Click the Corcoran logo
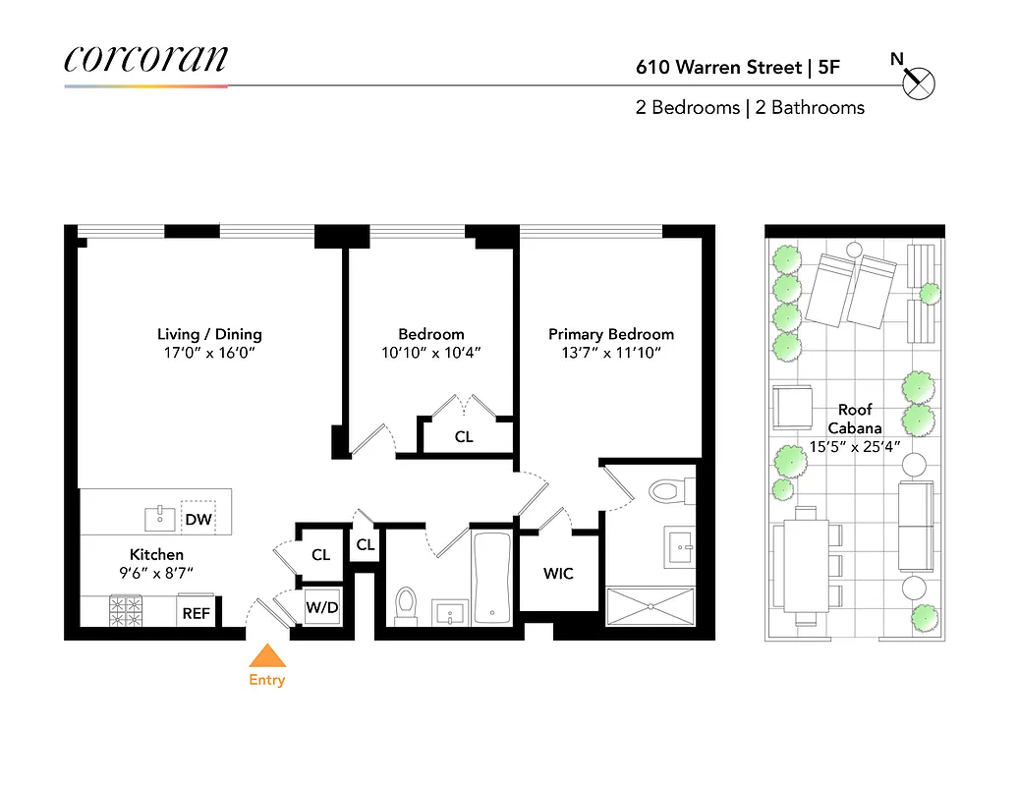145,58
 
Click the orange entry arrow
266,656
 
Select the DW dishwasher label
198,519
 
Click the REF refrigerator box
196,612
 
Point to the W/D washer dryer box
321,607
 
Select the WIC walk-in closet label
558,573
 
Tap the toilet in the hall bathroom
405,605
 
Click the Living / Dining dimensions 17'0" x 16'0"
209,352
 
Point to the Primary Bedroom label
611,334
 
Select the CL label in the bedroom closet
464,436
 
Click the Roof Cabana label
855,419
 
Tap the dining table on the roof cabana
807,565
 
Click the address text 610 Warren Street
717,68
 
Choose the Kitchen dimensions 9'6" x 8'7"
156,573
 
